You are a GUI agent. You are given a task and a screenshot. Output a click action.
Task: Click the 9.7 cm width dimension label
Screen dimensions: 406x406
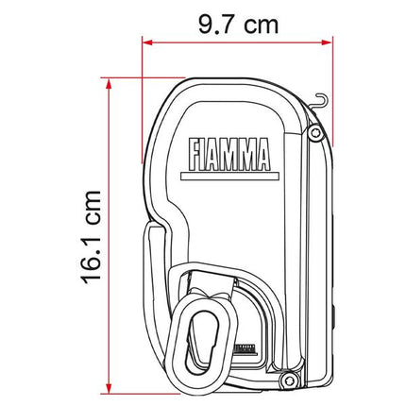(238, 25)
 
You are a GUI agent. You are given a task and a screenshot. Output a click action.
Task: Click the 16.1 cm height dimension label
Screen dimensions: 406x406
(91, 237)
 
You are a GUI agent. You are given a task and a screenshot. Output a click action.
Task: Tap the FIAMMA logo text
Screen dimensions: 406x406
(229, 154)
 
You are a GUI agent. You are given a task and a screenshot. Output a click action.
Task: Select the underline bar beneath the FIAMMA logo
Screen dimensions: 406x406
(229, 177)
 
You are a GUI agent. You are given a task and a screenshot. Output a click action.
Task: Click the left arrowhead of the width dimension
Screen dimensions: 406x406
(147, 42)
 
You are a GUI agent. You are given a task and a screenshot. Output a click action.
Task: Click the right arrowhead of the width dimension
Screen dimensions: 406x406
(327, 42)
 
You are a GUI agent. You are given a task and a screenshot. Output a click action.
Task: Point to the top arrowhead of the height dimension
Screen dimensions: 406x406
(109, 83)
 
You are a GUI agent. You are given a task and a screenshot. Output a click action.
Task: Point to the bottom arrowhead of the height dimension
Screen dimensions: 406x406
(109, 388)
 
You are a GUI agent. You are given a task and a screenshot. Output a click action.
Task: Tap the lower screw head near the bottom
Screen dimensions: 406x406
(287, 380)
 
